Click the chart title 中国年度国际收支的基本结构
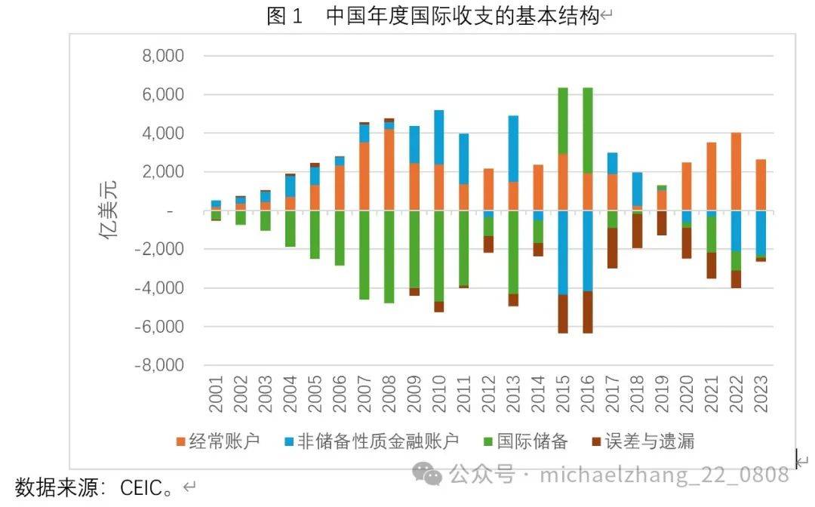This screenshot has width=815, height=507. pos(462,16)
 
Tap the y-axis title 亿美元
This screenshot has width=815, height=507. pos(110,211)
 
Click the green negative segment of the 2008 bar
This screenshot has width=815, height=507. pos(389,257)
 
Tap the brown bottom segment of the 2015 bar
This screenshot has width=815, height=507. pos(562,313)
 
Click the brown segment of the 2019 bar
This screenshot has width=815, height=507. pos(661,223)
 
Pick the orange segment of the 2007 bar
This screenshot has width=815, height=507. pos(364,177)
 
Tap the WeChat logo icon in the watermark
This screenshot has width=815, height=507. pos(432,475)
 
